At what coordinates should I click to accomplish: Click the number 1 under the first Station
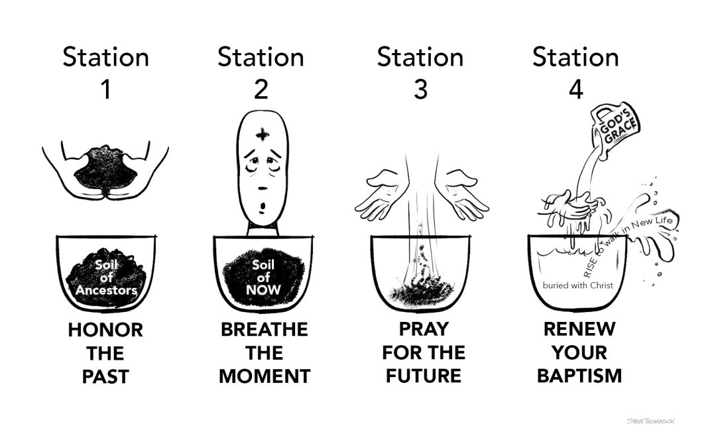click(105, 89)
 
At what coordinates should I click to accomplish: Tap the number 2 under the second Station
click(261, 89)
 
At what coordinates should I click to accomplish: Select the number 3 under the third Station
click(420, 89)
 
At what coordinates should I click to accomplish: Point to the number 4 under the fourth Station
click(575, 89)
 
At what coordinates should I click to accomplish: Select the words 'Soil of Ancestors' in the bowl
click(106, 279)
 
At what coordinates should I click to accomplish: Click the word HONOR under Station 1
click(105, 330)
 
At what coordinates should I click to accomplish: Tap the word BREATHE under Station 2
click(264, 330)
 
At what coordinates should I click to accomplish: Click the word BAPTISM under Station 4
click(579, 376)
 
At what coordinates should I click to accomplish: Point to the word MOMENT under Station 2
click(264, 376)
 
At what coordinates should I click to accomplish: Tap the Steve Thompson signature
click(654, 421)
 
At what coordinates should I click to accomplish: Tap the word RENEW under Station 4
click(579, 329)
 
